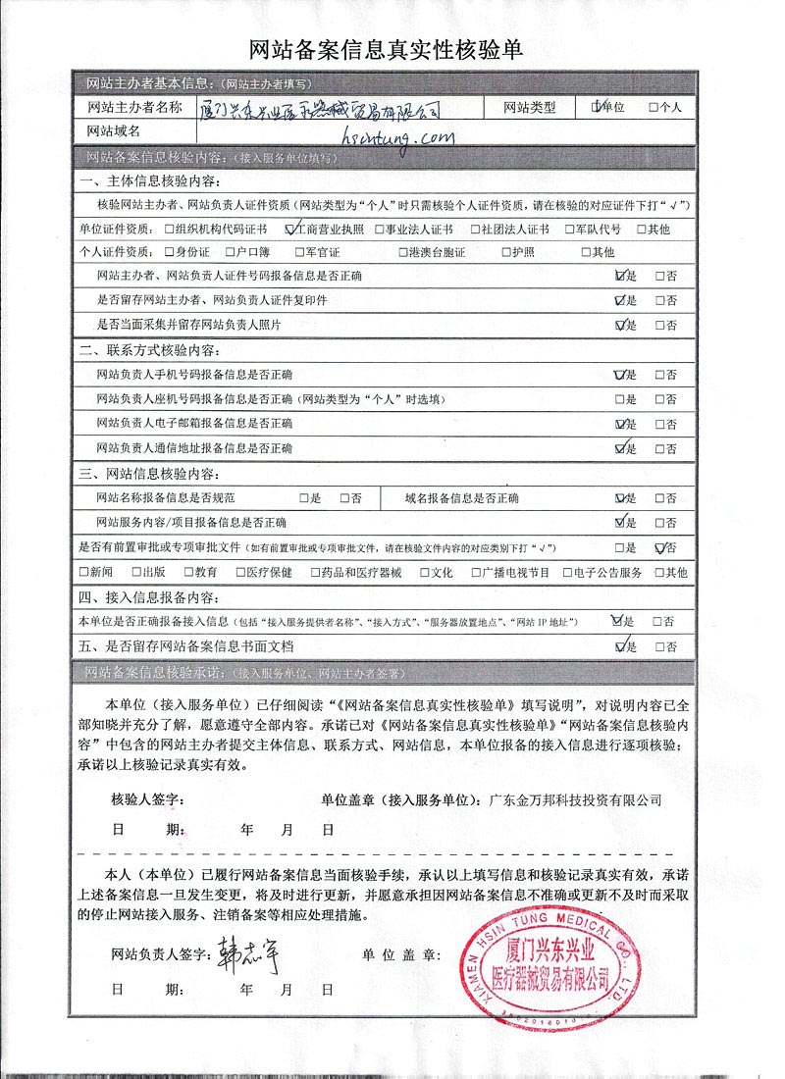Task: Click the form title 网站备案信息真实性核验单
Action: [392, 50]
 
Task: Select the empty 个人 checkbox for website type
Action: [654, 107]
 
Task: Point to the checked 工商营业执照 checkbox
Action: [289, 230]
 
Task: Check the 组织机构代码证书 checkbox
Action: [170, 230]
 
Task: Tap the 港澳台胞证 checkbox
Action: [403, 252]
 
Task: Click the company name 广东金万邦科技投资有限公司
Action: [575, 799]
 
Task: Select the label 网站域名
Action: [115, 130]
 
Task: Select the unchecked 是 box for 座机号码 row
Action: [619, 400]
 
